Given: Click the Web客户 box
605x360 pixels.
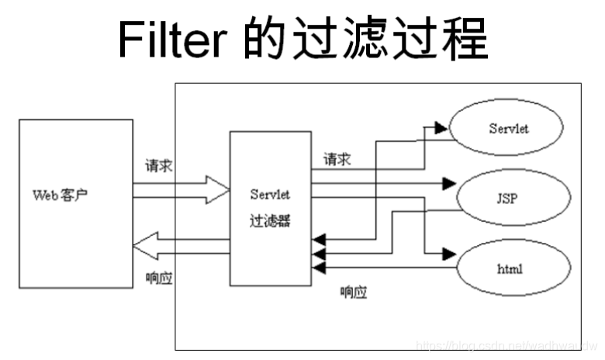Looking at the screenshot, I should pos(74,203).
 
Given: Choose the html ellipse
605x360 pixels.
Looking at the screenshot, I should pos(508,268).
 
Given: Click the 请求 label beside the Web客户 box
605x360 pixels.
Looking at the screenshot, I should pos(159,166).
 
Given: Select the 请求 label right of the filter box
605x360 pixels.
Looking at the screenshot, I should pos(337,160).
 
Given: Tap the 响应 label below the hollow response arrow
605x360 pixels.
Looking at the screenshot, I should pos(159,276).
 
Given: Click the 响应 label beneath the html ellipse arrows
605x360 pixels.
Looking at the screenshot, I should pos(354,292).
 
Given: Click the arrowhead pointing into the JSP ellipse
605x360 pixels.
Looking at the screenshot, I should pos(448,184).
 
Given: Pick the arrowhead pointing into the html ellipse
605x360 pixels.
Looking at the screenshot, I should pos(448,254).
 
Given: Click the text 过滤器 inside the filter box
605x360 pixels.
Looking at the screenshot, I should pos(269,220).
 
